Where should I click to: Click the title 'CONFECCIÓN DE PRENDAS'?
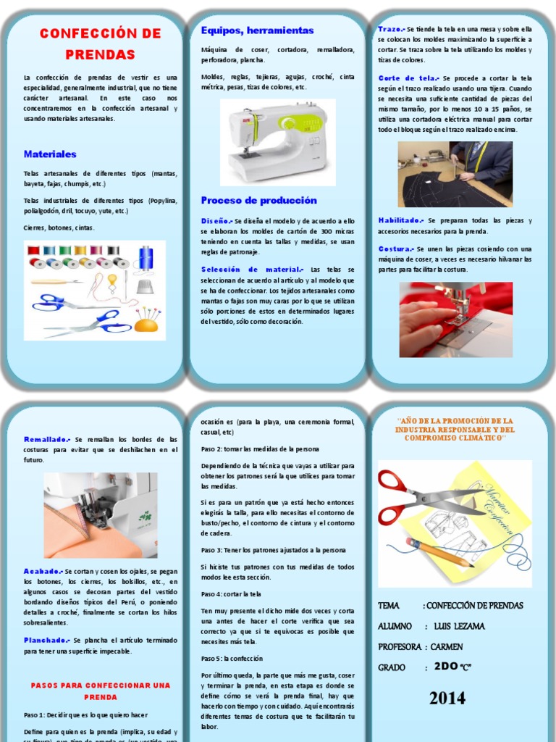[x=100, y=43]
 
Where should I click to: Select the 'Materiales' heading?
[x=50, y=154]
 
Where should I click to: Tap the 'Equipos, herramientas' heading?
[x=257, y=30]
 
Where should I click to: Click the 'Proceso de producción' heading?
[x=259, y=201]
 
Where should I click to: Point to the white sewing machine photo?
[x=278, y=142]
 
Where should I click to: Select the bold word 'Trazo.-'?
[x=391, y=29]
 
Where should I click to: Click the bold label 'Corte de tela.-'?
[x=408, y=78]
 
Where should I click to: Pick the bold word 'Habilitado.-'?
[x=400, y=220]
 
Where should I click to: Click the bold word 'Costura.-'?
[x=395, y=249]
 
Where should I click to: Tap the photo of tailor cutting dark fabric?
[x=455, y=174]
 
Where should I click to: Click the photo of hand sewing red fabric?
[x=455, y=320]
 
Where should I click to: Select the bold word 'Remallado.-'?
[x=47, y=439]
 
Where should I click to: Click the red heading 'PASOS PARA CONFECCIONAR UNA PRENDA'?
[x=100, y=691]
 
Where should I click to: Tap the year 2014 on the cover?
[x=447, y=699]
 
